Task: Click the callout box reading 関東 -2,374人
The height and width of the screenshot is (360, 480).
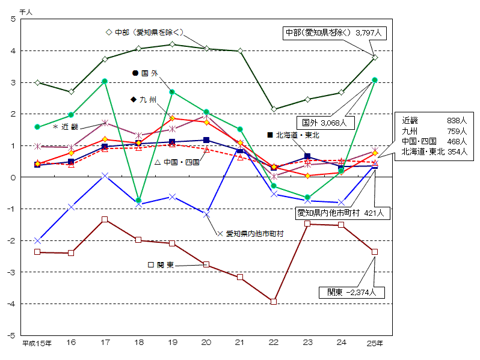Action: [x=351, y=293]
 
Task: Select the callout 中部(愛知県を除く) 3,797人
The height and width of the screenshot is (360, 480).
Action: [x=334, y=33]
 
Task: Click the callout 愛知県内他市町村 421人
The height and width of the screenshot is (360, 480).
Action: [x=343, y=212]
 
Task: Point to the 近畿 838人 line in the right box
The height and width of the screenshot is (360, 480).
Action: [x=425, y=120]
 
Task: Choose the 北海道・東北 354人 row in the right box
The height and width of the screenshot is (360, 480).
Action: [x=425, y=152]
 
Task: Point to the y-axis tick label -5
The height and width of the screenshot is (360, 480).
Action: [x=12, y=335]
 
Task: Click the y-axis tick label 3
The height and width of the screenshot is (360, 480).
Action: [x=13, y=82]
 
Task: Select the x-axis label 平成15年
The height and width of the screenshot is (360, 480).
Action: [x=37, y=343]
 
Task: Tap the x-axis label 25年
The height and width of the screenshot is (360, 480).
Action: [x=375, y=343]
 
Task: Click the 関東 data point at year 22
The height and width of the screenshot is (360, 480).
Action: [x=274, y=302]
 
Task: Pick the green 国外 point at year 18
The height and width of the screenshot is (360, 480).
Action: [x=138, y=200]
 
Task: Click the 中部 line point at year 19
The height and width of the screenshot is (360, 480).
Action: [x=173, y=44]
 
